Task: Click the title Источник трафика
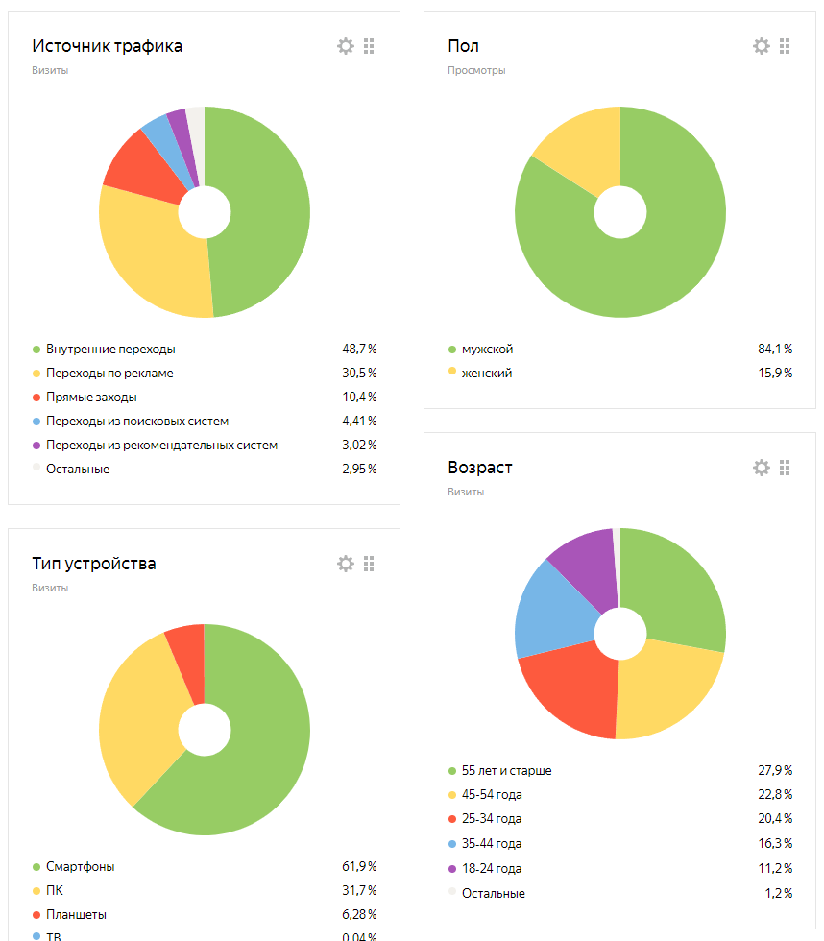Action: click(x=107, y=46)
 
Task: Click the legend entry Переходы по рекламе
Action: click(x=109, y=373)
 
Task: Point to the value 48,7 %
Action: click(x=358, y=350)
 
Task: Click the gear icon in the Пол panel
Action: click(x=761, y=46)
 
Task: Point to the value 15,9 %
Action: click(x=774, y=373)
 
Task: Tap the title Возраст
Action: click(x=480, y=468)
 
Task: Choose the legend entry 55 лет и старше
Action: click(x=506, y=771)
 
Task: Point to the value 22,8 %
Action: click(x=774, y=795)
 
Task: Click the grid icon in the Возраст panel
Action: click(x=785, y=468)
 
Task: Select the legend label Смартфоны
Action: click(x=80, y=867)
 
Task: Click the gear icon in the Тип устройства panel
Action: click(x=345, y=564)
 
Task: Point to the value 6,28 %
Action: click(x=358, y=914)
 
